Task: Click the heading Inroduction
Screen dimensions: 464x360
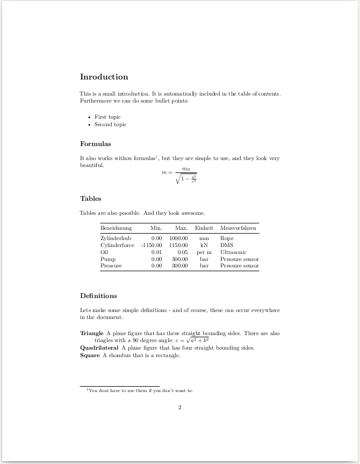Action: (104, 77)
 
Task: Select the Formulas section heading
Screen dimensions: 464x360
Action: (95, 144)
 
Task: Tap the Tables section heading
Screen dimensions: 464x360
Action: (90, 199)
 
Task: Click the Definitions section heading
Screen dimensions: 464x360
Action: (98, 296)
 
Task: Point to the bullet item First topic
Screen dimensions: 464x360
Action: (107, 117)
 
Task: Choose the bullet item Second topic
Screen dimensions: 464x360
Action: (110, 125)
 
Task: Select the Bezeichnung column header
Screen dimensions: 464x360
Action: (116, 228)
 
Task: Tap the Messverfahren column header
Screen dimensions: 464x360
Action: (238, 228)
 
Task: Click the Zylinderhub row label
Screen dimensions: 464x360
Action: (116, 238)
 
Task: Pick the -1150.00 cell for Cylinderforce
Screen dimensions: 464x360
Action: (152, 245)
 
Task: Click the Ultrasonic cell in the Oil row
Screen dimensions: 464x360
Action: (233, 252)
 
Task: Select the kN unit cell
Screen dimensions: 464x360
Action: (204, 245)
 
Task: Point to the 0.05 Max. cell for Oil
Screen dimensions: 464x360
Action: (183, 252)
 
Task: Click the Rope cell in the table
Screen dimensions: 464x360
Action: (227, 238)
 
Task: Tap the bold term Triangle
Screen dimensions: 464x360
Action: (91, 334)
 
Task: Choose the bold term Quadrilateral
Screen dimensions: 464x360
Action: (99, 347)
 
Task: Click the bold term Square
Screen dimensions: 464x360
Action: (90, 355)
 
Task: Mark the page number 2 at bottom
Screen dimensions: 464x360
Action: (180, 408)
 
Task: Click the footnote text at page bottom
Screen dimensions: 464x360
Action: (140, 390)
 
